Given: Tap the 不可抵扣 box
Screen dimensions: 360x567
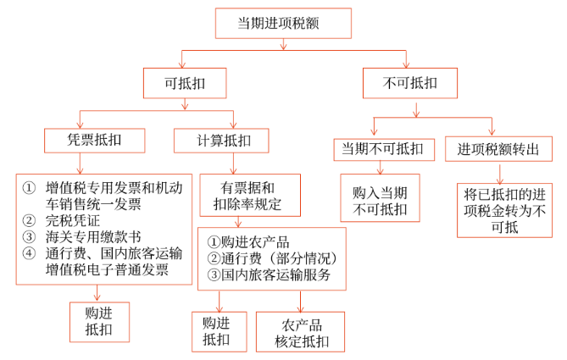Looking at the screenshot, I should (410, 83).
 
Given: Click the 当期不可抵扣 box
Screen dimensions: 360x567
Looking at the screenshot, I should (382, 147).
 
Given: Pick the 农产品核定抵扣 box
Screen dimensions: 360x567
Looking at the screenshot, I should (300, 332).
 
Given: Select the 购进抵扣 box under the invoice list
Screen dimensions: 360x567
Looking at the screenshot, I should (98, 321).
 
